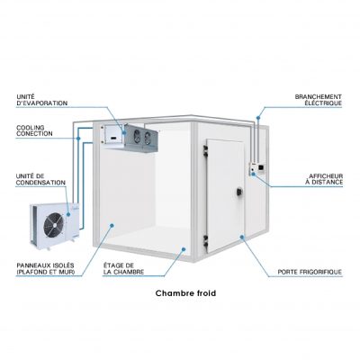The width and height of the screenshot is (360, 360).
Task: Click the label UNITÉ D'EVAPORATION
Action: pos(42,100)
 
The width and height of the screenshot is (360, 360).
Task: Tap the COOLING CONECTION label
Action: pos(34,131)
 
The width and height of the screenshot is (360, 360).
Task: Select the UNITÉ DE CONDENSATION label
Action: pos(40,179)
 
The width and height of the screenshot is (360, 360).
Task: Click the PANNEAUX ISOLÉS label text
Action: pos(46,269)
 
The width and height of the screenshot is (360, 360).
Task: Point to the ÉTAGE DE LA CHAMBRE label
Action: pos(123,269)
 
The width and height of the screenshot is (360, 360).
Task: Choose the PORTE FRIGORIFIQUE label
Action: pos(310,272)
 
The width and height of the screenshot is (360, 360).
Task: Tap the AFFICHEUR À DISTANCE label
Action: pos(326,179)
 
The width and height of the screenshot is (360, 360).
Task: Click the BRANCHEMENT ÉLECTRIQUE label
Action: pos(319,100)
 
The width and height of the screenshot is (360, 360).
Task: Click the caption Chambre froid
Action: pos(185,293)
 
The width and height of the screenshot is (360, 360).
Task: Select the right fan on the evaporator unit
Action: pos(147,138)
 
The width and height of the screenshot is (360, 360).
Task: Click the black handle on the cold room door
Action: pos(239,192)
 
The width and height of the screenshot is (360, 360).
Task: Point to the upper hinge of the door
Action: pos(205,151)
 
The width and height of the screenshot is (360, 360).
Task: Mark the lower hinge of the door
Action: pos(206,241)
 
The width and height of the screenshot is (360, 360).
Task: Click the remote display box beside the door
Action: pos(257,168)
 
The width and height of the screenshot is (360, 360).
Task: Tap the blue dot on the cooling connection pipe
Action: pos(78,139)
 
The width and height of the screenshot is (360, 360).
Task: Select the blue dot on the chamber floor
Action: pos(184,249)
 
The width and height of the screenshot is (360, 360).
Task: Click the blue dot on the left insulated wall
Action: pos(112,225)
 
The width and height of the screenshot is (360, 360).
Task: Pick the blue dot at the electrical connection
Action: pos(258,117)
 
